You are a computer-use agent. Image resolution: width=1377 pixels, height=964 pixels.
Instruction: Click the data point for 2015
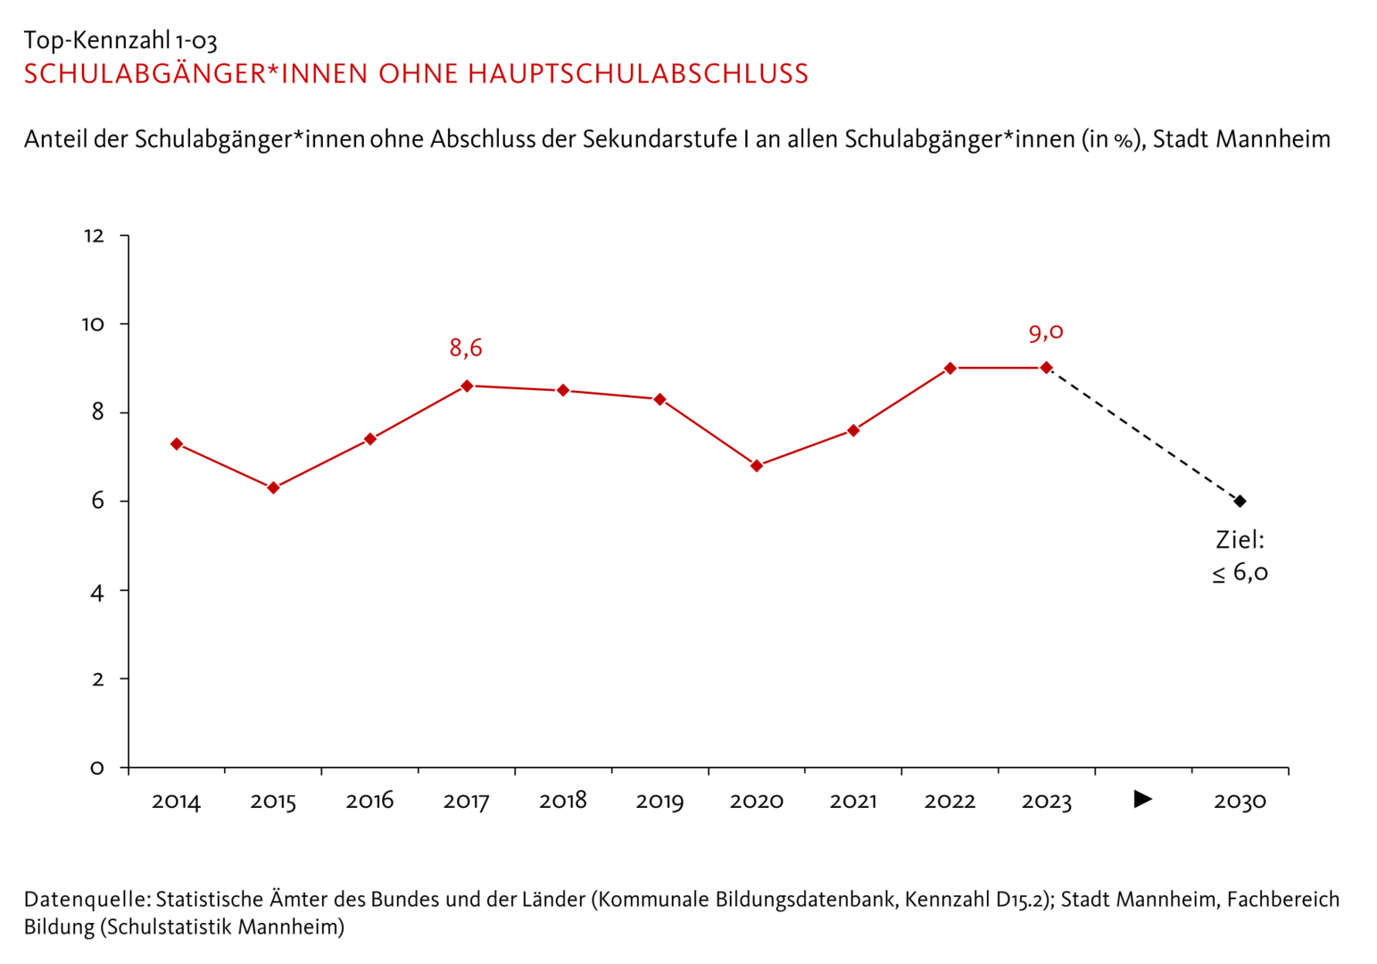273,488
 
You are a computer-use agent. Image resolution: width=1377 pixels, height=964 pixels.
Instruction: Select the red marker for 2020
757,466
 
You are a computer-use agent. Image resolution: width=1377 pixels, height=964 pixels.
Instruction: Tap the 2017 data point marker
467,386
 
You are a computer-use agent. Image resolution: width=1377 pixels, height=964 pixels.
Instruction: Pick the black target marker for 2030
1240,502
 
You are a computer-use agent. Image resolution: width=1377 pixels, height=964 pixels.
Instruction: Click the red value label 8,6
466,348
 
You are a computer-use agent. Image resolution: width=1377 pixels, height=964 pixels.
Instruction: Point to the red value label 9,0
1046,333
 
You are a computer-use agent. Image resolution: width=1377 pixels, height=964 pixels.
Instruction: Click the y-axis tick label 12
94,237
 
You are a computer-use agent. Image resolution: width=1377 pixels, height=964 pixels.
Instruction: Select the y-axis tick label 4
97,592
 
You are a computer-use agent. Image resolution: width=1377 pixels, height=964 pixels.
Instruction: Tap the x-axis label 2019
659,802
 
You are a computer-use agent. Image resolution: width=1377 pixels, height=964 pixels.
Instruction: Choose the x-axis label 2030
1240,802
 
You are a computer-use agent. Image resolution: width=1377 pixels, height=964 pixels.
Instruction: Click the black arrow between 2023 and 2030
1143,799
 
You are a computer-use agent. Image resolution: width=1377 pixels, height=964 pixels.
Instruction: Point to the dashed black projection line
1143,435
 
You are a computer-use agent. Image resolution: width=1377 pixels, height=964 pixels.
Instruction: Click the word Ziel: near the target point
1240,540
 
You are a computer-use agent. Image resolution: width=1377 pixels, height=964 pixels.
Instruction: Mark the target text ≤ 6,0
1240,573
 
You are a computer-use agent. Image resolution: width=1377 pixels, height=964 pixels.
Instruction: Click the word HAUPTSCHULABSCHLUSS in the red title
638,74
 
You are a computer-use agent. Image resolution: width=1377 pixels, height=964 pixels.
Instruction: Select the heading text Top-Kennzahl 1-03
120,40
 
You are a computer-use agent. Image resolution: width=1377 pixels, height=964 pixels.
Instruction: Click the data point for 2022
950,369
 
